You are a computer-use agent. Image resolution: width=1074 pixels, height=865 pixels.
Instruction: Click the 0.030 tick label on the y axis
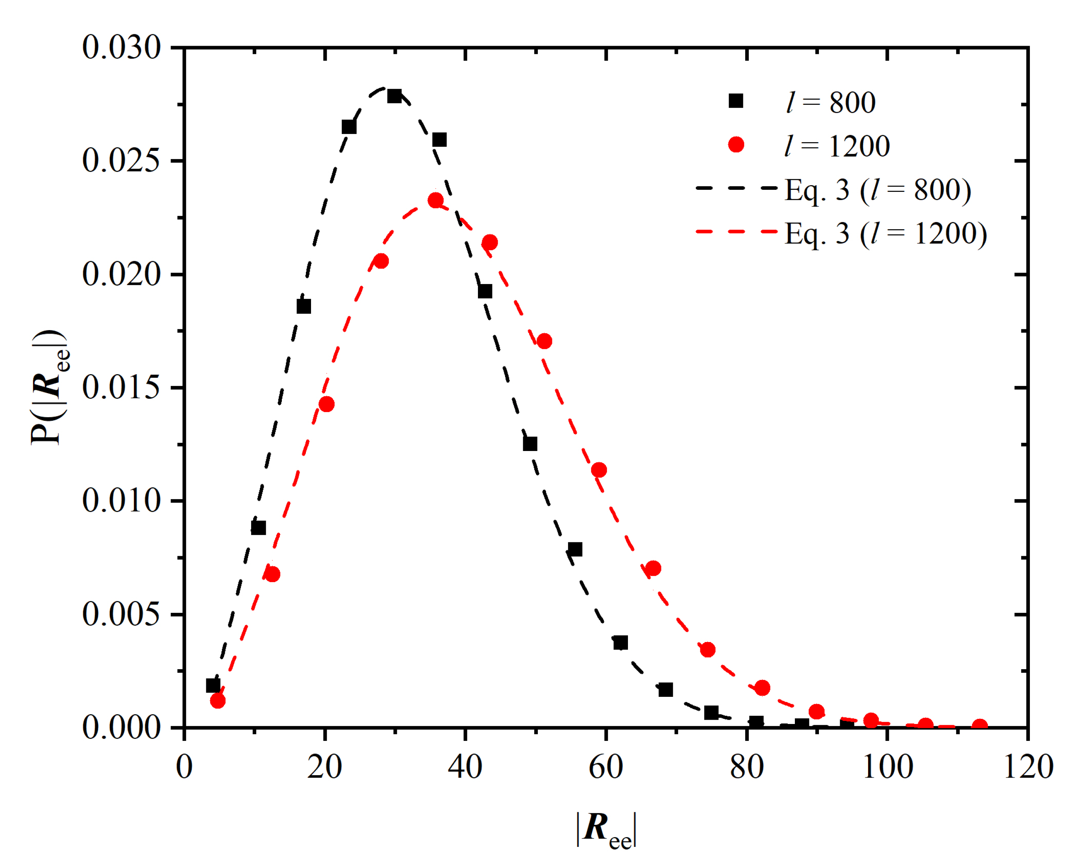[x=122, y=48]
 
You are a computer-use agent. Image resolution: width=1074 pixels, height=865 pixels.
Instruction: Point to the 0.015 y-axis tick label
[x=122, y=387]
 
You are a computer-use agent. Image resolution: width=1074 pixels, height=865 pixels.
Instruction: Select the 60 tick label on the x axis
[x=606, y=767]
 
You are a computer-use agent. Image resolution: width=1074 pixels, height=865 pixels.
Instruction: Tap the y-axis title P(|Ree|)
[x=50, y=387]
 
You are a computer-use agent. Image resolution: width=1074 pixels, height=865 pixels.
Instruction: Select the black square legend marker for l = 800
[x=736, y=101]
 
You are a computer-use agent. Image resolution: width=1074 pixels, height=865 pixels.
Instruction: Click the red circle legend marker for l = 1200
[x=736, y=145]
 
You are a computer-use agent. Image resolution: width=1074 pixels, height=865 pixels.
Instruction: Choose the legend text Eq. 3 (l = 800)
[x=878, y=190]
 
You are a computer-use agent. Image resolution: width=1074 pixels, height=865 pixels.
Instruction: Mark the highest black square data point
[x=394, y=96]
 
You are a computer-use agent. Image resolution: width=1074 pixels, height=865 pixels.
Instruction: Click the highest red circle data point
[x=435, y=200]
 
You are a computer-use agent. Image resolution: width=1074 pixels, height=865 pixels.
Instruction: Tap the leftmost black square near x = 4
[x=213, y=686]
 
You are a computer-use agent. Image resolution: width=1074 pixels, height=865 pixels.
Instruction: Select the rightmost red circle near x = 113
[x=980, y=726]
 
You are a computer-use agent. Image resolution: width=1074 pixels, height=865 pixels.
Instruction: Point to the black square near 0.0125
[x=530, y=444]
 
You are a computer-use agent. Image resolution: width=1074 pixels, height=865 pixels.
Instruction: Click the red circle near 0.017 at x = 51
[x=544, y=342]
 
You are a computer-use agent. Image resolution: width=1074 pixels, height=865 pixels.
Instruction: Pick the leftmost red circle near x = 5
[x=218, y=701]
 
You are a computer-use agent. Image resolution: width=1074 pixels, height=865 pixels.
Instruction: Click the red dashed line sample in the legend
[x=736, y=232]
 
